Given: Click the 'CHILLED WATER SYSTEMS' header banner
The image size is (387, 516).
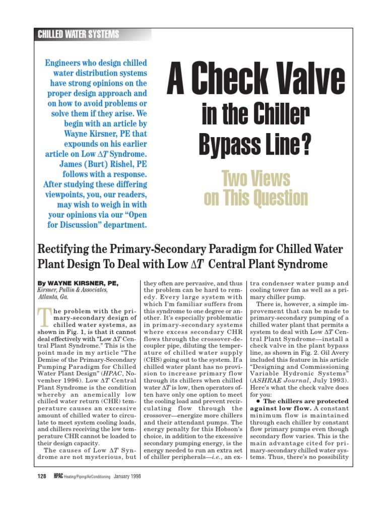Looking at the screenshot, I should (x=79, y=34).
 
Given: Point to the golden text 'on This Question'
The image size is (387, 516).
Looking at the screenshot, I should (x=255, y=198).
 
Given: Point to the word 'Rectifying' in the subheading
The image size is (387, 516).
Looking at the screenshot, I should (x=64, y=249).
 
